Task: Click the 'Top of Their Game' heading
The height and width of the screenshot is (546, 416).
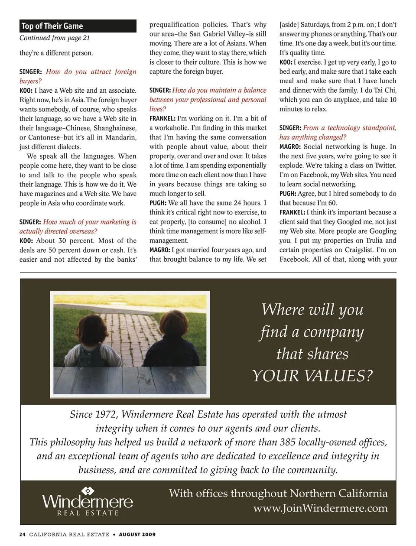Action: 52,26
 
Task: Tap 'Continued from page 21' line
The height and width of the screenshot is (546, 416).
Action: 55,38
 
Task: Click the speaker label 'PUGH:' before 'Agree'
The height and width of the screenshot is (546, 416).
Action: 288,194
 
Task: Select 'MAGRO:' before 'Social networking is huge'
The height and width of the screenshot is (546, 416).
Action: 290,147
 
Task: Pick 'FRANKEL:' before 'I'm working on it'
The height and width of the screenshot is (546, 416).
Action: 162,119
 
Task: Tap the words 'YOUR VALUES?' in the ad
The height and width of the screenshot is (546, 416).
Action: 312,376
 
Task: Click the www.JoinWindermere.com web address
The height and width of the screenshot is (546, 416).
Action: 320,508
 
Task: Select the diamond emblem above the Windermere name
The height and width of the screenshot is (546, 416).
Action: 88,491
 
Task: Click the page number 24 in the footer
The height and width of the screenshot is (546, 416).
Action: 23,535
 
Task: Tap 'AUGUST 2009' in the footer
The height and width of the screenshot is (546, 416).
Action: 137,535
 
